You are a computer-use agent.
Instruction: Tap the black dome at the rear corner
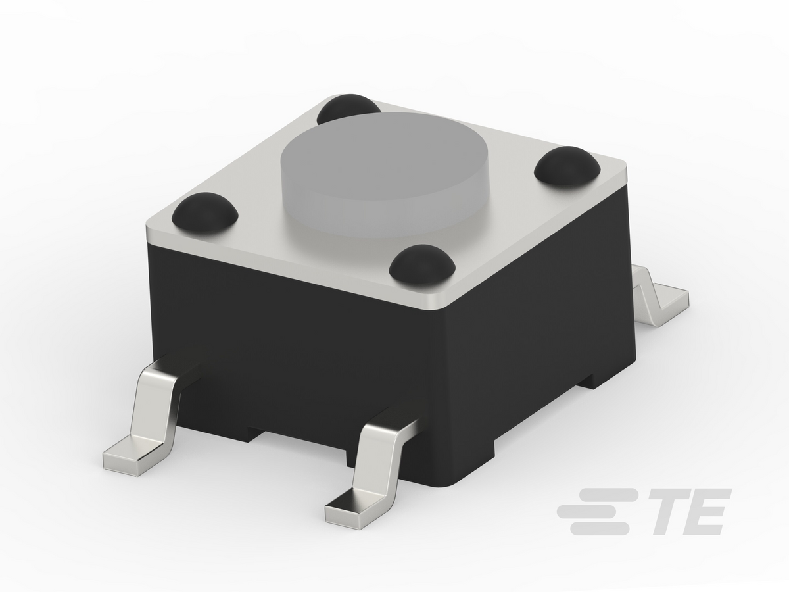point(348,107)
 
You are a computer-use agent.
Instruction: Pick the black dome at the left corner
point(205,211)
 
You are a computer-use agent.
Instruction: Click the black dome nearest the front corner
point(422,265)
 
